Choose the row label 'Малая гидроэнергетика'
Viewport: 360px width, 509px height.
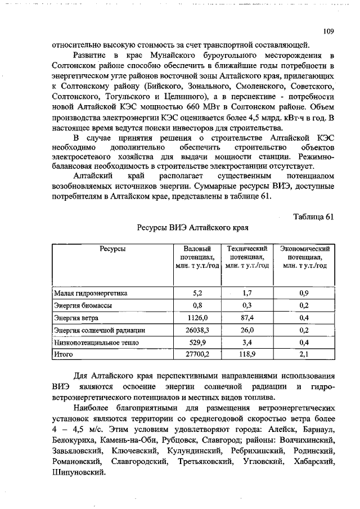click(91, 293)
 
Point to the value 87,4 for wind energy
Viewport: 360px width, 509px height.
click(246, 318)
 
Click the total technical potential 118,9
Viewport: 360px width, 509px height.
click(246, 355)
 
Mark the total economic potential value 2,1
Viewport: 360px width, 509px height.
click(304, 355)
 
